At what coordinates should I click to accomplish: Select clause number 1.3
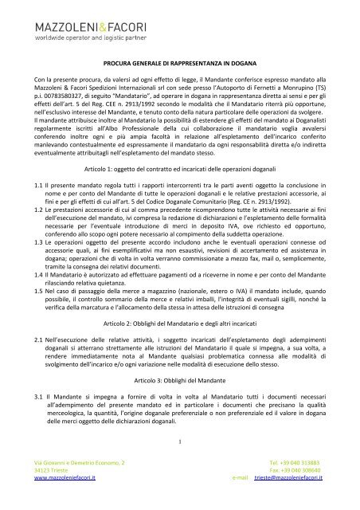point(40,265)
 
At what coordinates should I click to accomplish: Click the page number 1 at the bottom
point(181,435)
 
